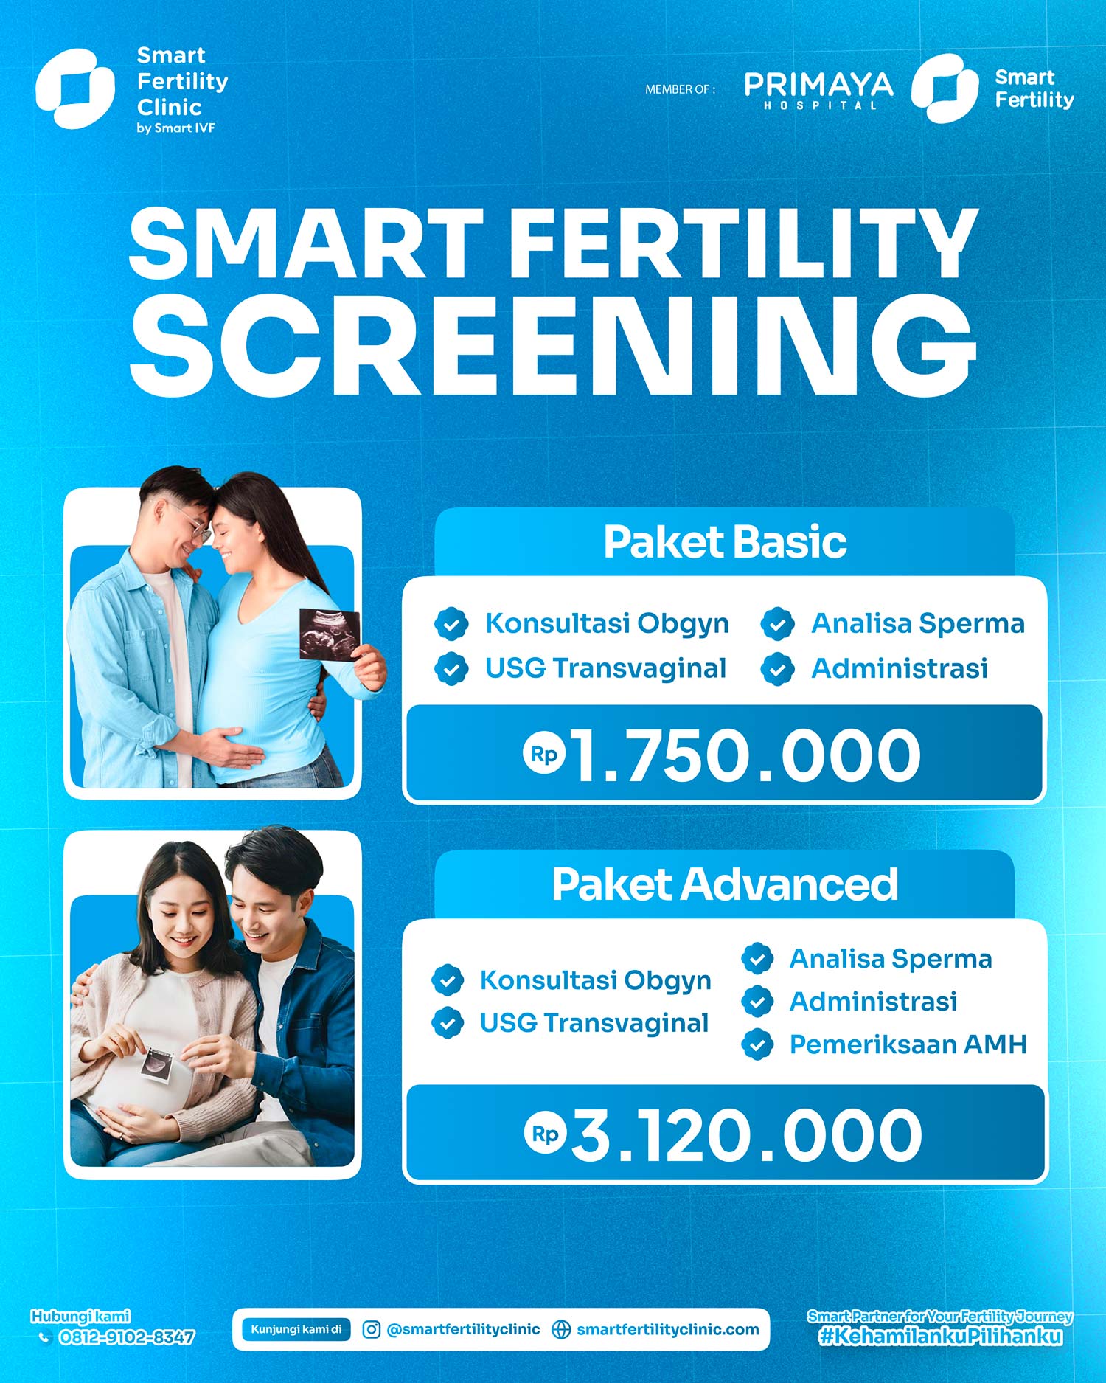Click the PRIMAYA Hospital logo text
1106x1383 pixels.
click(818, 90)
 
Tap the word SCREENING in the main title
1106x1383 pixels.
click(553, 344)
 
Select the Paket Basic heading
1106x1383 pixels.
click(725, 542)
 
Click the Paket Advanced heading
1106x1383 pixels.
click(725, 884)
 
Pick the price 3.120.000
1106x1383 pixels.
click(746, 1135)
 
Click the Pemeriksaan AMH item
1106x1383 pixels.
click(908, 1044)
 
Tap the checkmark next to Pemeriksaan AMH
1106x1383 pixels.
click(757, 1044)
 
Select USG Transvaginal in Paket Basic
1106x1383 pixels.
click(605, 668)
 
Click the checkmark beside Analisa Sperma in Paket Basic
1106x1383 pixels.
click(778, 624)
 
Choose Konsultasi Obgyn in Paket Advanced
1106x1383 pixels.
click(595, 981)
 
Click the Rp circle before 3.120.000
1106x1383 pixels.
click(545, 1134)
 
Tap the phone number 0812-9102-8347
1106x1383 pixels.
click(127, 1337)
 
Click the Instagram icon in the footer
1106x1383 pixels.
click(372, 1329)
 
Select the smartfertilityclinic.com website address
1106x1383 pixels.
click(667, 1329)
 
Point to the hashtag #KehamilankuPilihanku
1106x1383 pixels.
click(941, 1337)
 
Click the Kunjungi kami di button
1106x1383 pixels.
click(296, 1329)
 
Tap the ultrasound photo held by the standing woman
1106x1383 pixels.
click(330, 634)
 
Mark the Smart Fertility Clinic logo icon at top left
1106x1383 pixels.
click(75, 89)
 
